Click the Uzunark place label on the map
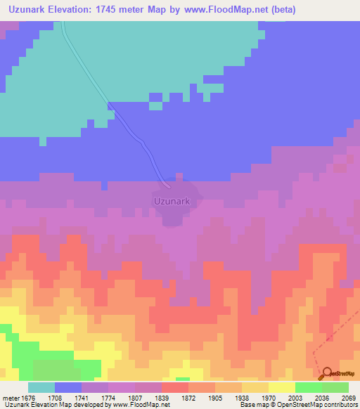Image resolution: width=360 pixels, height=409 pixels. [x=172, y=201]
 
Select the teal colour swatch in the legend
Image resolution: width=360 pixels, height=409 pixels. [x=41, y=387]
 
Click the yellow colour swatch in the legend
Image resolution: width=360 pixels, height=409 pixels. [x=281, y=387]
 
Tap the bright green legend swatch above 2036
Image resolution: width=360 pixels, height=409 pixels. [x=308, y=387]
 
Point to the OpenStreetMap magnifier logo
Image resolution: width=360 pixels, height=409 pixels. [x=326, y=373]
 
